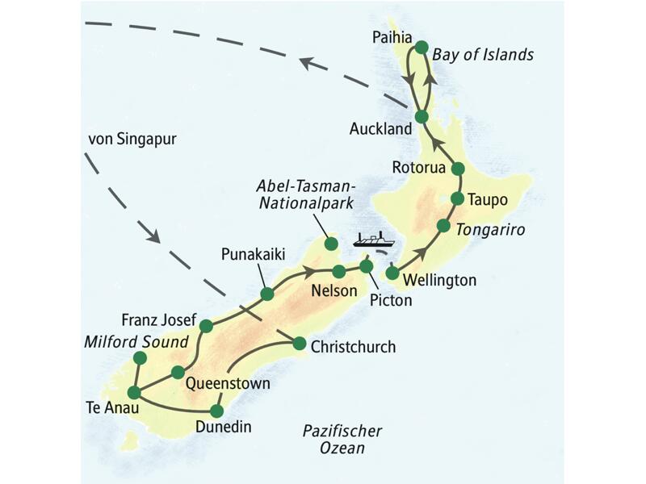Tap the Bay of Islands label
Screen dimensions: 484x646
(483, 55)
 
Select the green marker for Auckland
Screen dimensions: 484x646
(421, 117)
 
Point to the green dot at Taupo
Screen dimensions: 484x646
(457, 198)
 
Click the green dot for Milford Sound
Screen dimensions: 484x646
(140, 357)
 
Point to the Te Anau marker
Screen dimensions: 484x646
(134, 392)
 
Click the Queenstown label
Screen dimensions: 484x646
(227, 383)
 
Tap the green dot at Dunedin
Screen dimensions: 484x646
(216, 409)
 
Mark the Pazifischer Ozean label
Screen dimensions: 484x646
(342, 439)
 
